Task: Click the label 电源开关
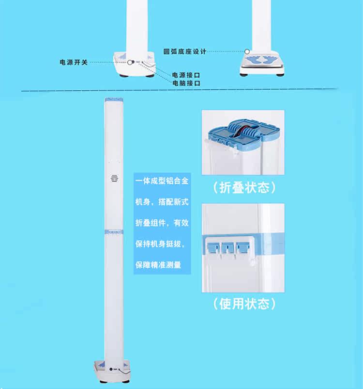coord(74,62)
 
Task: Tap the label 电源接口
coord(186,75)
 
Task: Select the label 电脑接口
coord(186,83)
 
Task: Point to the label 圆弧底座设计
coord(185,51)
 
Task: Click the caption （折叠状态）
coord(244,187)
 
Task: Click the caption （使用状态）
coord(244,304)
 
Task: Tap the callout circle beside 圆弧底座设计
coord(247,51)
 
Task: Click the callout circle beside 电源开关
coord(130,62)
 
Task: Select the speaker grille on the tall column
coord(114,178)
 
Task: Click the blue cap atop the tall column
coord(114,100)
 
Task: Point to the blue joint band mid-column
coord(114,232)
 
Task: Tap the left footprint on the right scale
coord(253,60)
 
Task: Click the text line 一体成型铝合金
coord(162,181)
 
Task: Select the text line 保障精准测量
coord(158,265)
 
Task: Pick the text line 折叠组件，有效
coord(162,223)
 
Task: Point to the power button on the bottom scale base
coord(111,369)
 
